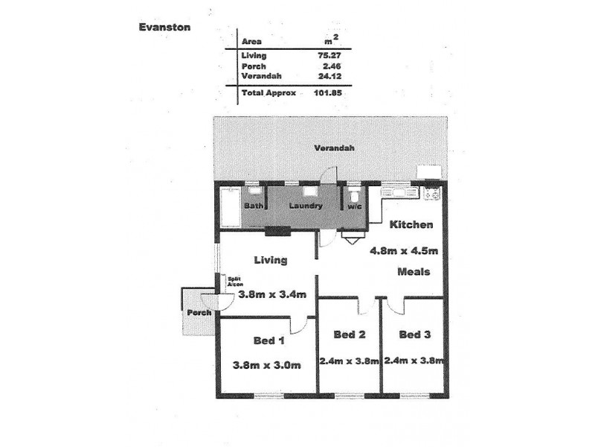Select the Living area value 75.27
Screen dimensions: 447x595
coord(329,55)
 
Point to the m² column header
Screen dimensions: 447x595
coord(332,41)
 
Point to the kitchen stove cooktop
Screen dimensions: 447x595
coord(431,194)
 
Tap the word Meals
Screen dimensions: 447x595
coord(413,272)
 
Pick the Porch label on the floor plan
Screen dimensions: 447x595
coord(199,313)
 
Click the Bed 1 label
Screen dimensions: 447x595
coord(268,340)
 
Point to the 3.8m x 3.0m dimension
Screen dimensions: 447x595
coord(267,365)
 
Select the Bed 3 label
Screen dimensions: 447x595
coord(414,335)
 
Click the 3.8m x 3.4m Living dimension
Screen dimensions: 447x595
coord(272,294)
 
